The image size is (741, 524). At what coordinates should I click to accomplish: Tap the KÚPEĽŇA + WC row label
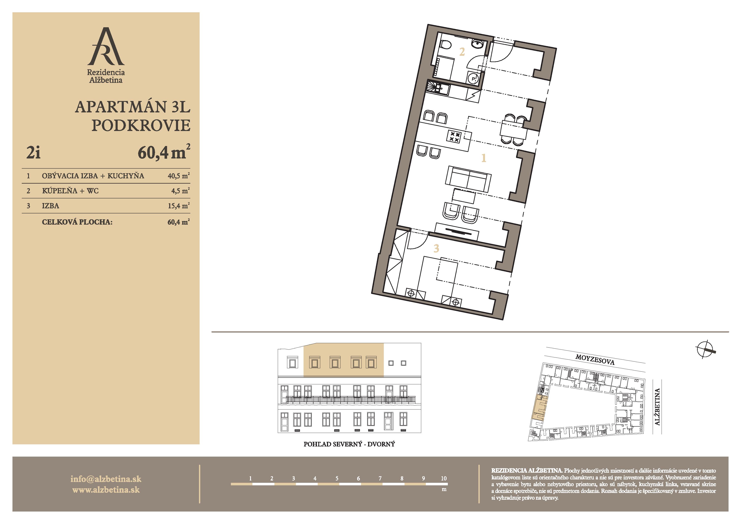click(70, 191)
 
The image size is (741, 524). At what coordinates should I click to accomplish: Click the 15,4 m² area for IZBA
click(178, 205)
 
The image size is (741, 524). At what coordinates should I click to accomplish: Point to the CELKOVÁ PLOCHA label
click(77, 222)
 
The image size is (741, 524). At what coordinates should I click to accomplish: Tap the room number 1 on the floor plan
click(484, 158)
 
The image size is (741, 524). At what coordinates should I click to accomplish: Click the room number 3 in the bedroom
click(436, 248)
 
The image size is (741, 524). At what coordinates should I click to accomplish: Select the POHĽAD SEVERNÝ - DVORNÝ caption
click(349, 444)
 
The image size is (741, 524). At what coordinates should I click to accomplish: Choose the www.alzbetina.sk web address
click(106, 490)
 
